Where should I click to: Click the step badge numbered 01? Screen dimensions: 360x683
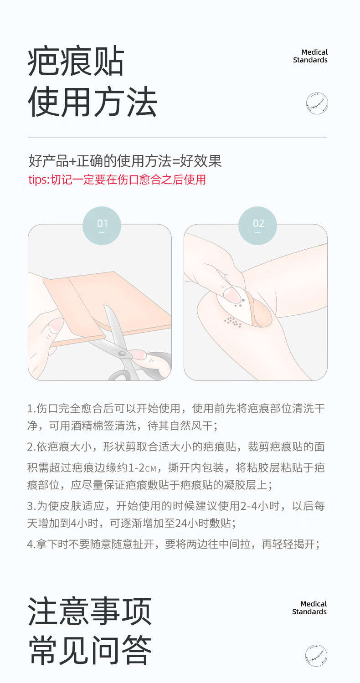pyautogui.click(x=102, y=226)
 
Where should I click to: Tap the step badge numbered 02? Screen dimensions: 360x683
pyautogui.click(x=257, y=226)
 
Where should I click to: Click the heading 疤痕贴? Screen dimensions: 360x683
pyautogui.click(x=76, y=62)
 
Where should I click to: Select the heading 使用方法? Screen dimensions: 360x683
pyautogui.click(x=93, y=102)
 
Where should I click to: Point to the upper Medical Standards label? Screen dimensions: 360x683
pyautogui.click(x=310, y=56)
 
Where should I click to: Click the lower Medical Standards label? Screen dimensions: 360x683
pyautogui.click(x=309, y=608)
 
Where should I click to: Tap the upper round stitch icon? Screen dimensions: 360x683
pyautogui.click(x=317, y=103)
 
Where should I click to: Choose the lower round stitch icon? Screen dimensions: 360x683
pyautogui.click(x=316, y=656)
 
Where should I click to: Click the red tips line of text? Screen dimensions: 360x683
pyautogui.click(x=117, y=180)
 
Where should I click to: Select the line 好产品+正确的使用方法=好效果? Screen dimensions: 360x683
pyautogui.click(x=125, y=161)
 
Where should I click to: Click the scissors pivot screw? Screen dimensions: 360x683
pyautogui.click(x=122, y=354)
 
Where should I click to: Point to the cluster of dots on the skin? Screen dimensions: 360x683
pyautogui.click(x=232, y=322)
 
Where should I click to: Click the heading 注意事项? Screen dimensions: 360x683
pyautogui.click(x=90, y=611)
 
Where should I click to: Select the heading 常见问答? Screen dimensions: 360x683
pyautogui.click(x=90, y=650)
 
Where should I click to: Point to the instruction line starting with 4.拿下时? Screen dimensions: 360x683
pyautogui.click(x=174, y=544)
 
